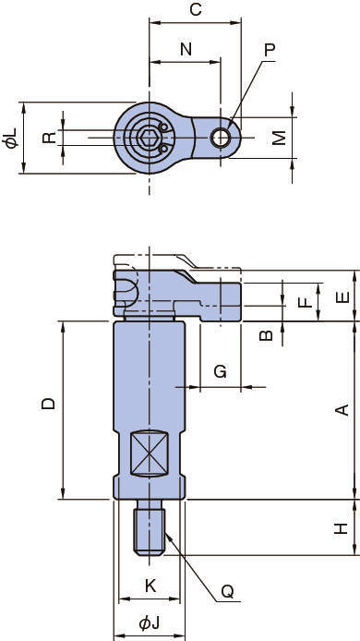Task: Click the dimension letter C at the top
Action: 196,9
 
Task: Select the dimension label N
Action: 186,49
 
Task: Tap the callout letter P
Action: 270,50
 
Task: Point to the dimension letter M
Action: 280,138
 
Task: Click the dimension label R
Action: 50,138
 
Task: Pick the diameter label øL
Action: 11,138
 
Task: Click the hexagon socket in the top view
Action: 148,138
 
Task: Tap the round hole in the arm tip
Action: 221,138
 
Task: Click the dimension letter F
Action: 306,302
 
